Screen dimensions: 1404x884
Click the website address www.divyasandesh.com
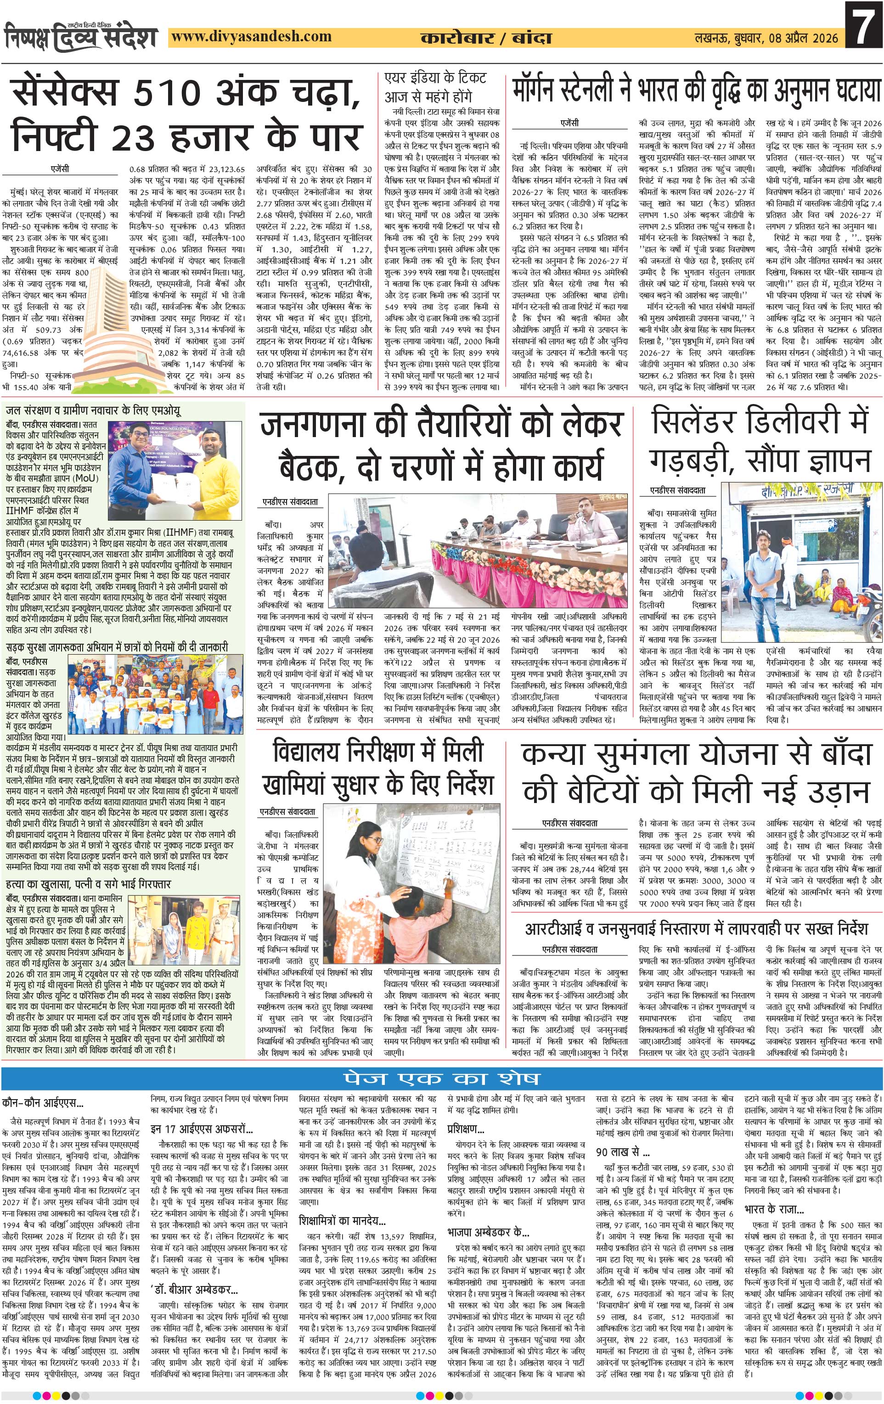coord(252,37)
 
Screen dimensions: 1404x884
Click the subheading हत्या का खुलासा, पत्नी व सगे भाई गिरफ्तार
coord(88,884)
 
